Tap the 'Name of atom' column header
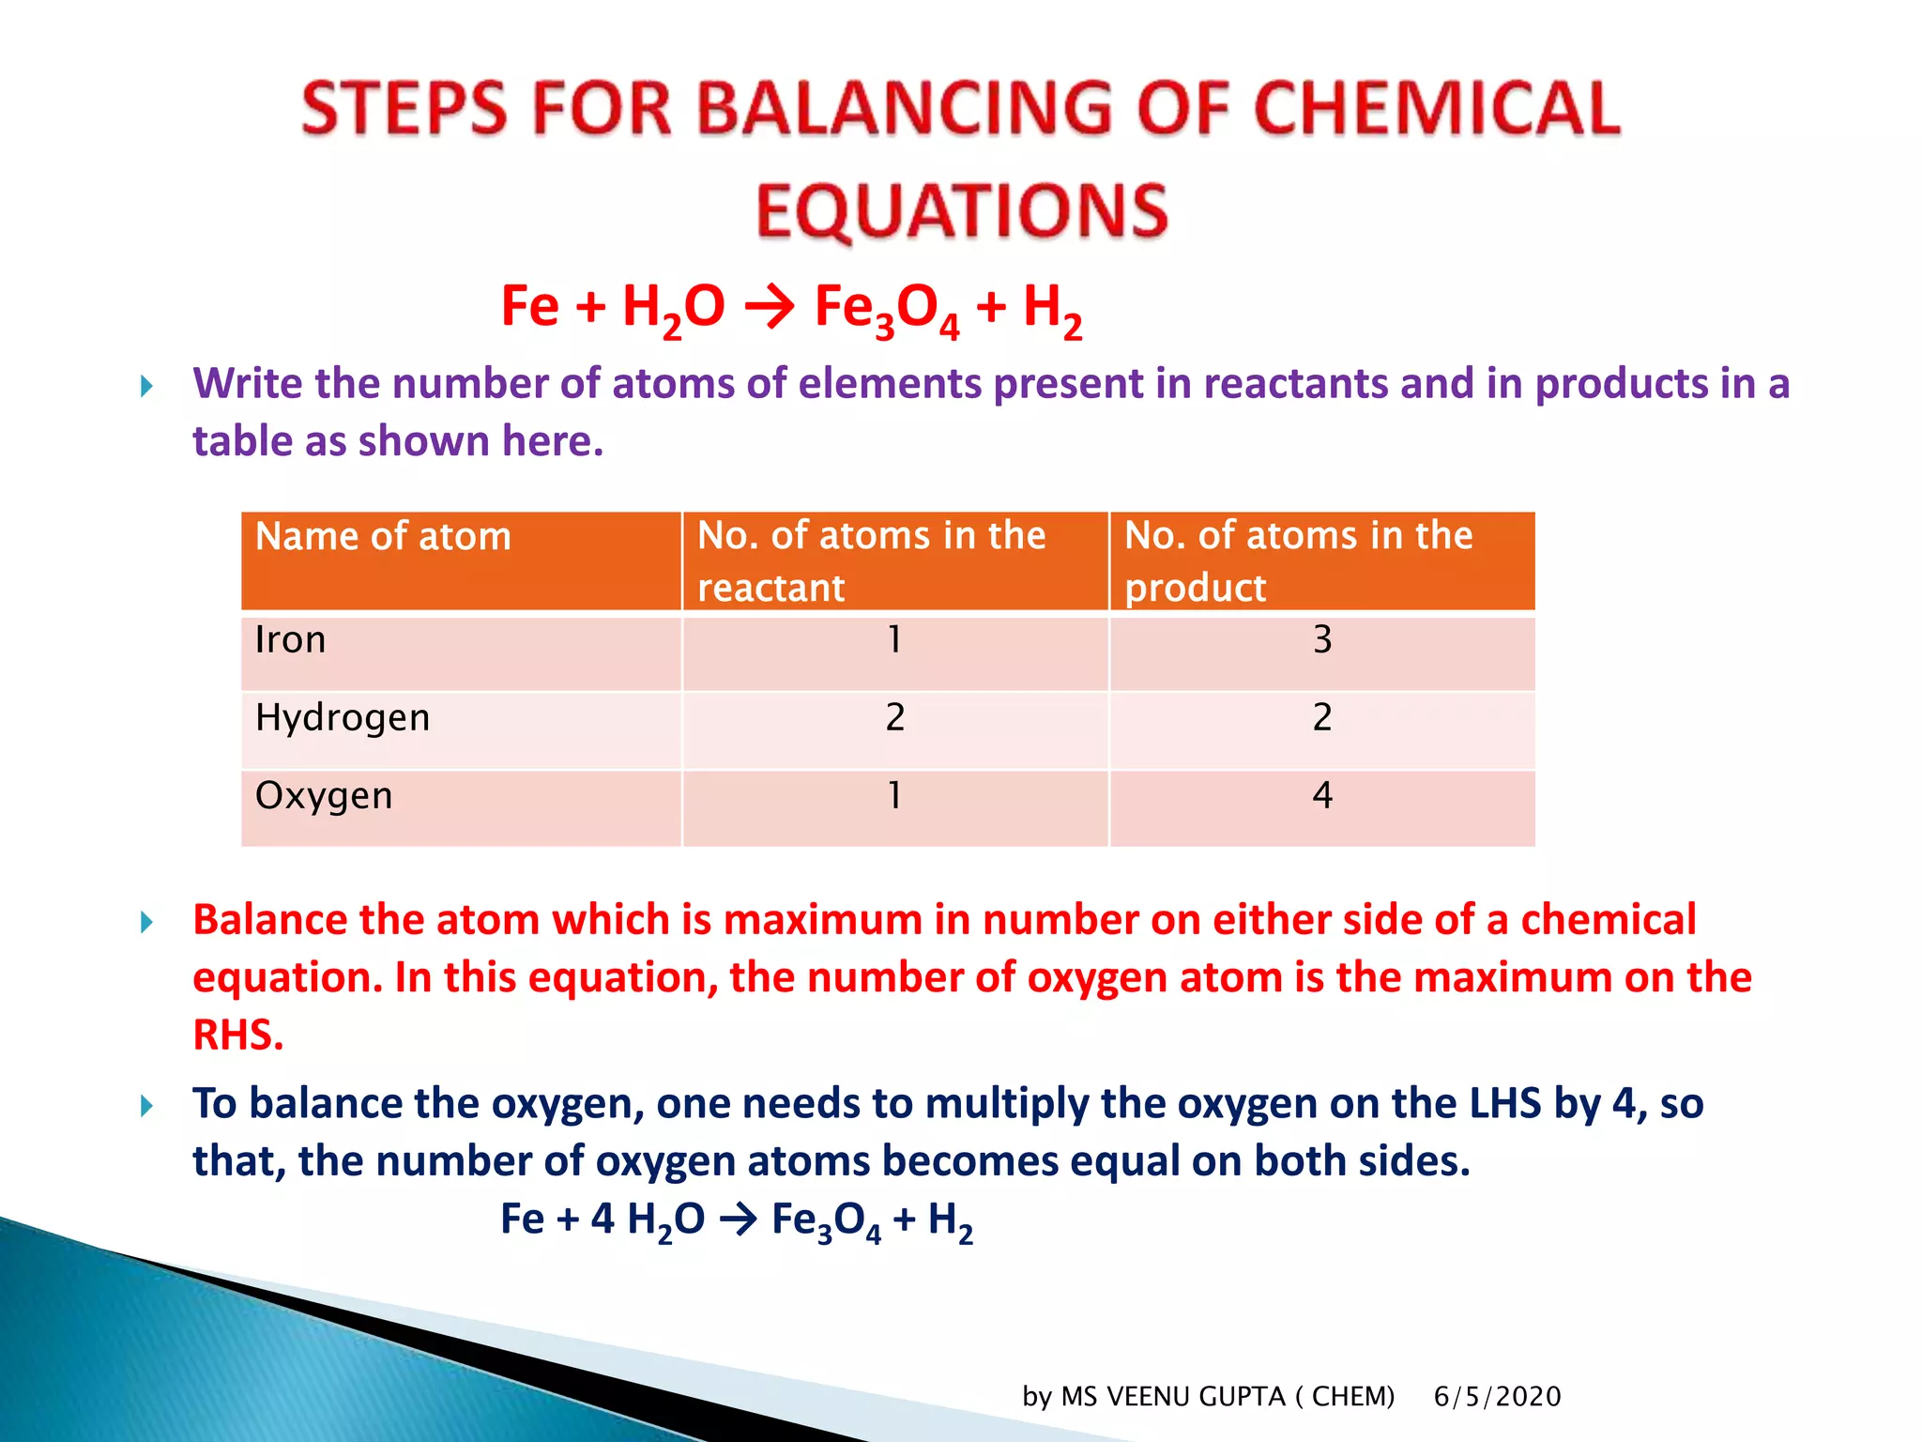(x=383, y=537)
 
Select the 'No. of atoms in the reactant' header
(x=871, y=560)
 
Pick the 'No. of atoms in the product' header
(x=1298, y=560)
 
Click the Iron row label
(x=290, y=640)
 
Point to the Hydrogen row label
(x=343, y=718)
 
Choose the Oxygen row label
(x=324, y=796)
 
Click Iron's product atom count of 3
(x=1322, y=640)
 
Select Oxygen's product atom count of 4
(x=1322, y=796)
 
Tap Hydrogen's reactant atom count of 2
(x=895, y=718)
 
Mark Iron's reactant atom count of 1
(x=895, y=640)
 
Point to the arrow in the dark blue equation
(x=739, y=1220)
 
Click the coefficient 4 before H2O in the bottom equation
(x=603, y=1220)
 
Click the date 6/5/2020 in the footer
(x=1497, y=1397)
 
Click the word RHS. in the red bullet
(x=238, y=1035)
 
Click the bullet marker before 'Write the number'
(x=146, y=386)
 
